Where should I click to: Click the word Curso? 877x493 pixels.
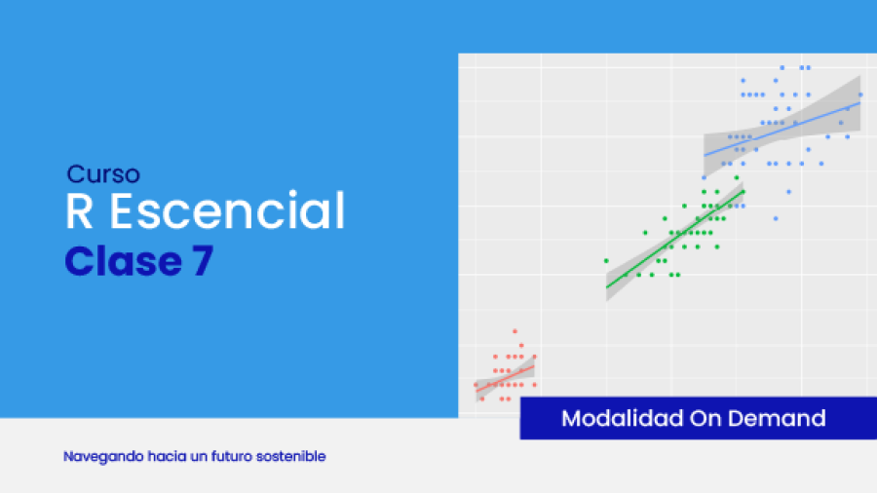(x=103, y=174)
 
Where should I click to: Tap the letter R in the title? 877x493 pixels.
(x=79, y=210)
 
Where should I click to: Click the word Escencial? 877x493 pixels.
(x=227, y=210)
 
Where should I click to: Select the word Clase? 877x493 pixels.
(x=123, y=261)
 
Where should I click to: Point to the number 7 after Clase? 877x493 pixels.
(x=203, y=260)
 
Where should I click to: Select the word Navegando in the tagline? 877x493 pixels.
(x=103, y=457)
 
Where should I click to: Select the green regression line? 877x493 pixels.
(x=675, y=240)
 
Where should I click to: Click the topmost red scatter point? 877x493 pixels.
(x=515, y=331)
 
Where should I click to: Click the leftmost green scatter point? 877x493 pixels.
(x=606, y=261)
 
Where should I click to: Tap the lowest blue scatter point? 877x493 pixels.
(x=776, y=218)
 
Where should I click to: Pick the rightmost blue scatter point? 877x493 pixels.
(x=860, y=95)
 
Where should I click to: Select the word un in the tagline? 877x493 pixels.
(x=199, y=458)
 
